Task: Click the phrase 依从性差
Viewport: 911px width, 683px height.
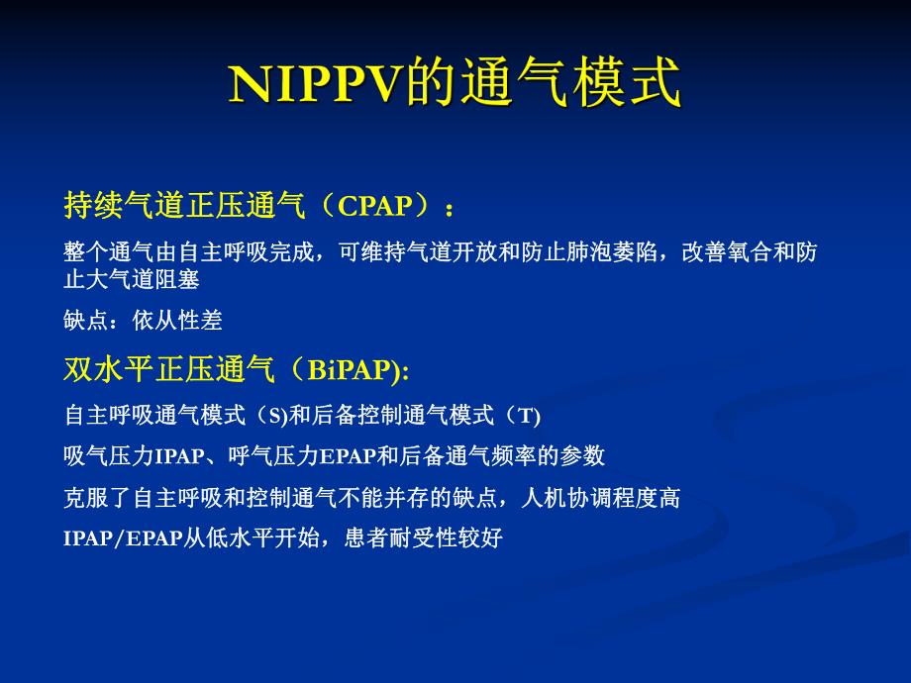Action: [177, 320]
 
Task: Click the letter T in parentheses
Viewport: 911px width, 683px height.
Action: [526, 416]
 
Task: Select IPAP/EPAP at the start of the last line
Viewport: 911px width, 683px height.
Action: [123, 539]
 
